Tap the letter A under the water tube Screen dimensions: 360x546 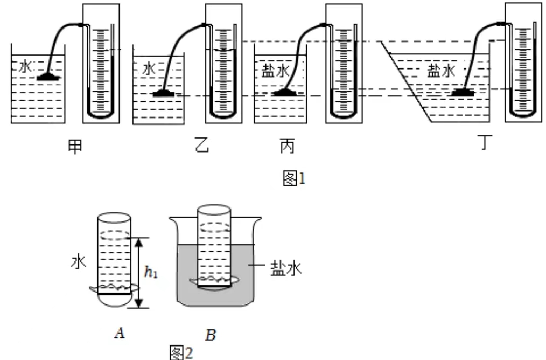[120, 334]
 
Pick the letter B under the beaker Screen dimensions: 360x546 [211, 336]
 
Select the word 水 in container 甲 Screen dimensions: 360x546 [25, 66]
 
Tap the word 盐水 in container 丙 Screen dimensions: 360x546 [272, 72]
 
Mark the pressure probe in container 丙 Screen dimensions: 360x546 [286, 93]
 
